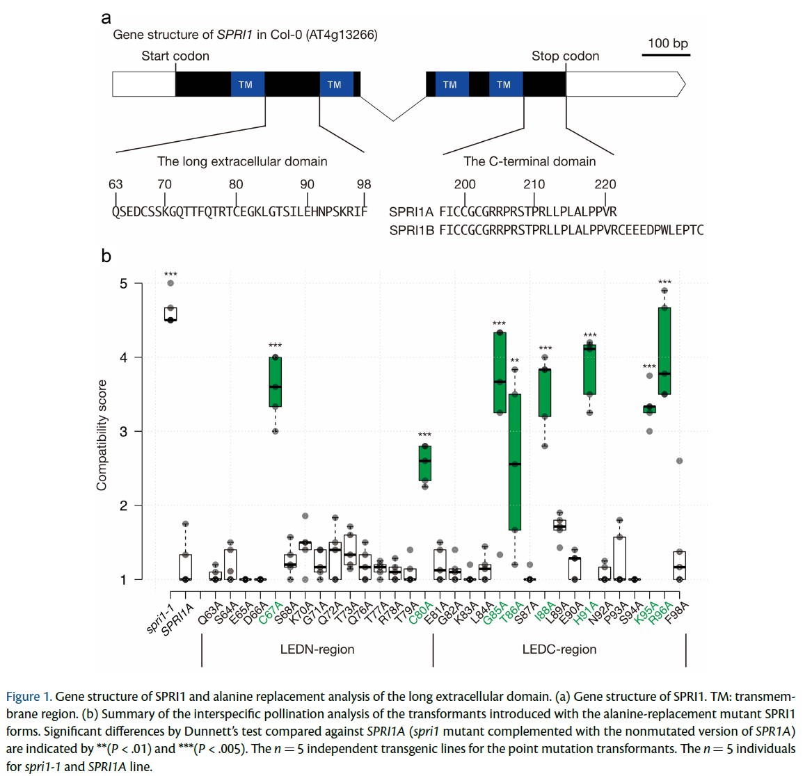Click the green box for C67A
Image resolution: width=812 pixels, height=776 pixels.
point(276,382)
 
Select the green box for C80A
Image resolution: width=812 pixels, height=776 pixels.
point(424,463)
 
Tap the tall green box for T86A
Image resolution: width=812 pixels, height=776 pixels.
point(515,462)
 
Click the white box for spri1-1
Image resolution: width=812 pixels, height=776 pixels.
point(170,314)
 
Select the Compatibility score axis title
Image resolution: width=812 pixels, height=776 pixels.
point(102,435)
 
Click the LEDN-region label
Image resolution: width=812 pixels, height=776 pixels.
point(317,649)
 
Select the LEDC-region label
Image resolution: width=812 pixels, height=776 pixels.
point(559,649)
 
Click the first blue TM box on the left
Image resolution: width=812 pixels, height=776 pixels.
point(246,84)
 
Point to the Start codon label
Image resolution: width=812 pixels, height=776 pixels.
point(175,56)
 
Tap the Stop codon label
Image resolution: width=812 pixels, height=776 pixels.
point(565,56)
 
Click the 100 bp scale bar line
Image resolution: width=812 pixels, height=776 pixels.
point(666,54)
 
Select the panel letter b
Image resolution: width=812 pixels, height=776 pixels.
point(106,256)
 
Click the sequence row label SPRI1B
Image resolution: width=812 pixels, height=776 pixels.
point(411,230)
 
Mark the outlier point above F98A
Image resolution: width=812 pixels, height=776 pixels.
point(680,461)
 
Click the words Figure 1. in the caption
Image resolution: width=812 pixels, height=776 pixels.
point(29,697)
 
